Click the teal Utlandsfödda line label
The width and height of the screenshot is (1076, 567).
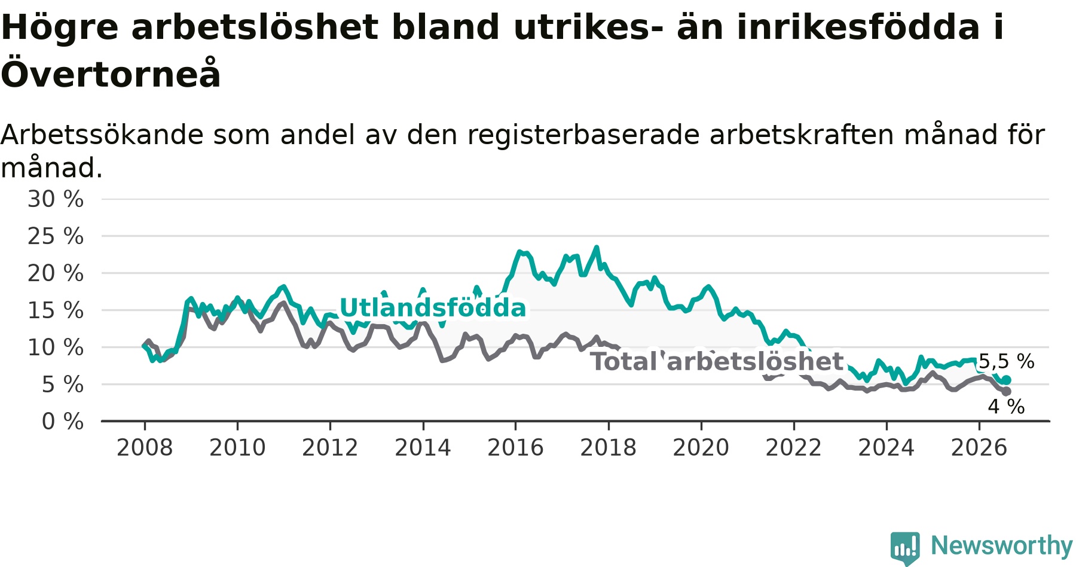coord(433,308)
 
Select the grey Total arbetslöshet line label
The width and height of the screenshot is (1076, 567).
coord(717,362)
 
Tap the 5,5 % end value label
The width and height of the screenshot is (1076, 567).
coord(1006,361)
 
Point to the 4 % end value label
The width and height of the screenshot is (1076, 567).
coord(1006,407)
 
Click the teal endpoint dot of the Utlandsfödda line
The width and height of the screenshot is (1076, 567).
coord(1007,380)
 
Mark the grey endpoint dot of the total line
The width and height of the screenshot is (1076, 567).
coord(1007,391)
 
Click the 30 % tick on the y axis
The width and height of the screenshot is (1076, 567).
coord(56,199)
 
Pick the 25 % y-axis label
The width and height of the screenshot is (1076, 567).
coord(56,236)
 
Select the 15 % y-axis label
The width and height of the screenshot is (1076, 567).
coord(56,310)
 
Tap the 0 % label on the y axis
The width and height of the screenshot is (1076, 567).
coord(63,422)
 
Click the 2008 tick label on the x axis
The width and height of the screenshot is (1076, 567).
coord(145,447)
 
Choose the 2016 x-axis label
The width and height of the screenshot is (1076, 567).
coord(515,447)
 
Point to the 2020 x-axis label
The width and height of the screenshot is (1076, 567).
coord(701,447)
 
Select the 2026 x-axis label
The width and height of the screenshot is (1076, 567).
coord(979,447)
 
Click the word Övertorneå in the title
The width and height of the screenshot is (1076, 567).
coord(111,74)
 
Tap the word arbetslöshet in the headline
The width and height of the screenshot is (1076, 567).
coord(255,28)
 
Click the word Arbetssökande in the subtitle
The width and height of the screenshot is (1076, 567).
coord(102,135)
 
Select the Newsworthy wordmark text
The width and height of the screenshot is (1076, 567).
coord(1002,545)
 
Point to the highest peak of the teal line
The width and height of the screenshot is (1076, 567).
coord(597,247)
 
